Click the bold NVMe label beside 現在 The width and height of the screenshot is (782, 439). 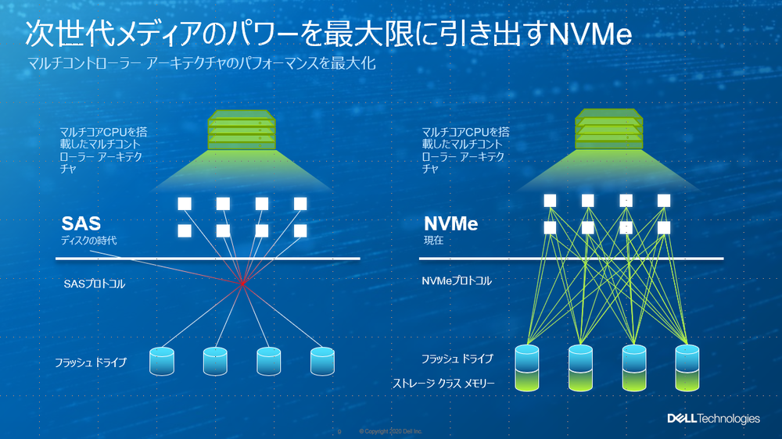[x=450, y=225]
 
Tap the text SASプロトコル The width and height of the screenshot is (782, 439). [x=94, y=284]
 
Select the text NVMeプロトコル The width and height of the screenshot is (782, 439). [x=457, y=280]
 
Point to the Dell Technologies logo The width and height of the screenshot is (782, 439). [x=712, y=419]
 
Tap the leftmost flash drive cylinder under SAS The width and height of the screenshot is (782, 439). [x=161, y=360]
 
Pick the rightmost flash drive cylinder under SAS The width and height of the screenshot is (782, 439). [x=322, y=360]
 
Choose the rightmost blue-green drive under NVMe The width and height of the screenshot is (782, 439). [x=687, y=367]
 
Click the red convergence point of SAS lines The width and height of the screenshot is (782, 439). [x=242, y=284]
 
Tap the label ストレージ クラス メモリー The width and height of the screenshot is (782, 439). [x=443, y=384]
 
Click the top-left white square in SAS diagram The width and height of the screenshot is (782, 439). [x=185, y=204]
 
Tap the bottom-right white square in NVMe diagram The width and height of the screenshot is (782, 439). [x=664, y=227]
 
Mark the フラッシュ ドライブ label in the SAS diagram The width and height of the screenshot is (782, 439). [x=90, y=362]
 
